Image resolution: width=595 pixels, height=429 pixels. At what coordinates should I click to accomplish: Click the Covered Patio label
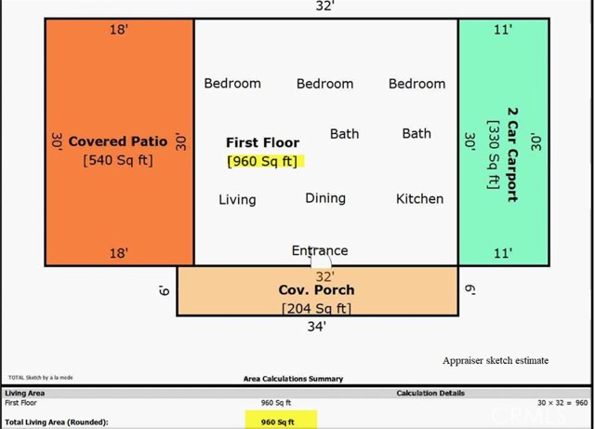pyautogui.click(x=118, y=141)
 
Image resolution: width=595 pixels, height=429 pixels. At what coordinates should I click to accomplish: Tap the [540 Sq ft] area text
pyautogui.click(x=118, y=160)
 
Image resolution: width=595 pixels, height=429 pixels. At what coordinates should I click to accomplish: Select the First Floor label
pyautogui.click(x=263, y=142)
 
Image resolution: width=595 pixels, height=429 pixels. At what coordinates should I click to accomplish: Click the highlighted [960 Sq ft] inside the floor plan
pyautogui.click(x=263, y=161)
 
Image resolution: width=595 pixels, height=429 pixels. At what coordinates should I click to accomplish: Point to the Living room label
pyautogui.click(x=237, y=199)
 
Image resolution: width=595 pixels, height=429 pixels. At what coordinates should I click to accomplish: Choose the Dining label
pyautogui.click(x=325, y=198)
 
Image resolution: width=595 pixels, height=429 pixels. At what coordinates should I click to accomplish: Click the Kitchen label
pyautogui.click(x=419, y=198)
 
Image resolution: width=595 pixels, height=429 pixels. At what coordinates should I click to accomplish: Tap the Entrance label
pyautogui.click(x=320, y=250)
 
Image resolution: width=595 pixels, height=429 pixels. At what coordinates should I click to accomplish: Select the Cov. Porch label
pyautogui.click(x=317, y=289)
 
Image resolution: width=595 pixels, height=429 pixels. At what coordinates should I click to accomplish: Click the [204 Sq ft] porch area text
pyautogui.click(x=317, y=308)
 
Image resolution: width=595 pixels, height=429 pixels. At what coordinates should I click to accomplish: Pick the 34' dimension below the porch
pyautogui.click(x=317, y=326)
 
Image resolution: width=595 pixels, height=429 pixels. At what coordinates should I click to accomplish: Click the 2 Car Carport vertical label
pyautogui.click(x=512, y=154)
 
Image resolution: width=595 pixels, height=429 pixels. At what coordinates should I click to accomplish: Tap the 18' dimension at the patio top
pyautogui.click(x=119, y=30)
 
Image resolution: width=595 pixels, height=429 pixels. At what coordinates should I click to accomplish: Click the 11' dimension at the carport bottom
pyautogui.click(x=503, y=253)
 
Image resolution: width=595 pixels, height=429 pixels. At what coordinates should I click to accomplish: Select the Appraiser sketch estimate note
pyautogui.click(x=496, y=360)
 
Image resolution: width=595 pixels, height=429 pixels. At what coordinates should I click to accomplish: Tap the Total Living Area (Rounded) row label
pyautogui.click(x=56, y=422)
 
